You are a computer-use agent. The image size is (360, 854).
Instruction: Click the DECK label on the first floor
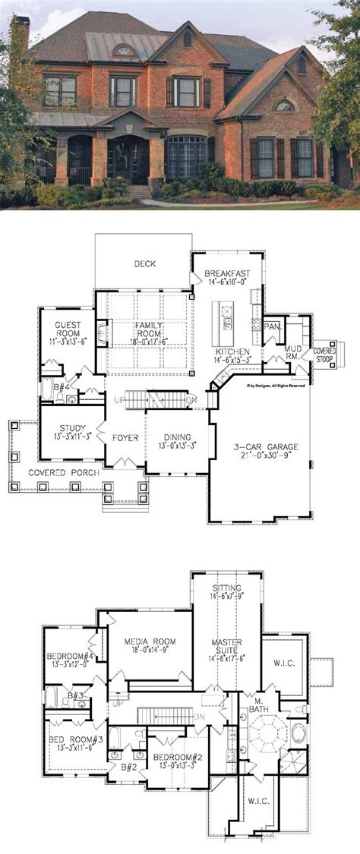tap(145, 265)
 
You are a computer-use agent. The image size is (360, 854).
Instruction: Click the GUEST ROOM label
tap(68, 328)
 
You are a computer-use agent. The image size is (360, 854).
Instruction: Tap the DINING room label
tap(176, 437)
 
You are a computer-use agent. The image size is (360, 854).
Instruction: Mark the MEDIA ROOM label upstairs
tap(150, 641)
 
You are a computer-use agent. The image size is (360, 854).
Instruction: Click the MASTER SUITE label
tap(227, 647)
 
